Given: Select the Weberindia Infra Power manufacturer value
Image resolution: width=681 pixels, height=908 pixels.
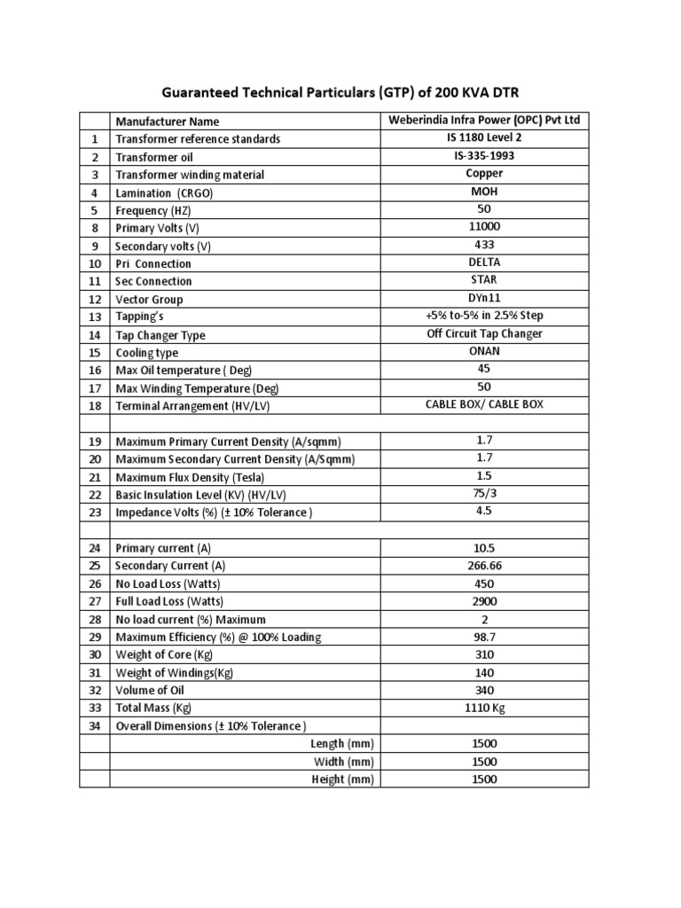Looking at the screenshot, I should coord(484,121).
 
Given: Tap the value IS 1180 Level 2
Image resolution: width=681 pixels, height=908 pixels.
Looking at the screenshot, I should coord(484,138).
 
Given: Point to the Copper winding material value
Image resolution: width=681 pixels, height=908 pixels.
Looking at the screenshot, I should coord(484,174).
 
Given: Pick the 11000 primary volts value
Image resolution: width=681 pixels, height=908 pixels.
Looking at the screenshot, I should coord(484,227).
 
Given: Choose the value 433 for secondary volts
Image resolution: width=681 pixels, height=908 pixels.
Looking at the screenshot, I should coord(484,245).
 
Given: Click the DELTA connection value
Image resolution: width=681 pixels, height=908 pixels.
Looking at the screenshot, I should coord(484,262).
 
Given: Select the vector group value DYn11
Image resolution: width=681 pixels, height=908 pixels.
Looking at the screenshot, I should coord(484,298).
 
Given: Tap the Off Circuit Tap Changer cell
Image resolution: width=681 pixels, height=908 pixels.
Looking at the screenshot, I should coord(484,333).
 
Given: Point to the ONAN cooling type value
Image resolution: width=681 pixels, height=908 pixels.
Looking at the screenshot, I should coord(484,351).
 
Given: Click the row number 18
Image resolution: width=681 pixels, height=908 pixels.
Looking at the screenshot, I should coord(94,405).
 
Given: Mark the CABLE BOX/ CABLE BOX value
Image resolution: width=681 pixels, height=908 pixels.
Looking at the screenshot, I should coord(484,404).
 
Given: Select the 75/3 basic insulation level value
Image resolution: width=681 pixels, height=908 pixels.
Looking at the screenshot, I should coord(484,494).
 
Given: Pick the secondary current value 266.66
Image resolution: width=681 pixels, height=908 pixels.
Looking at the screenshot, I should coord(484,566).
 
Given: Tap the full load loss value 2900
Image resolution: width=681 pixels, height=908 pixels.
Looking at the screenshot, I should coord(484,601).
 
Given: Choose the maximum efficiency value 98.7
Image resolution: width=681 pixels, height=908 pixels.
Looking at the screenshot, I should coord(484,637).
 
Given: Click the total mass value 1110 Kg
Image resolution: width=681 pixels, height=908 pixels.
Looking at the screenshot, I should coord(484,708).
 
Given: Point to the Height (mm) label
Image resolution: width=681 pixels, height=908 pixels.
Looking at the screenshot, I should coord(343,779).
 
